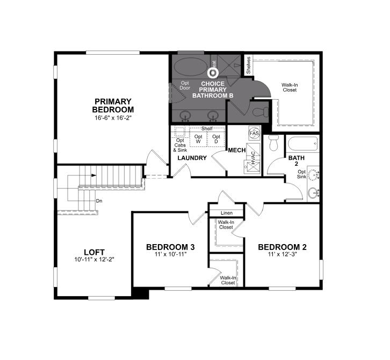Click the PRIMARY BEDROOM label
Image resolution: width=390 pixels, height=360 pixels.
[x=113, y=105]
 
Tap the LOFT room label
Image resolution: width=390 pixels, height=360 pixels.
[x=94, y=252]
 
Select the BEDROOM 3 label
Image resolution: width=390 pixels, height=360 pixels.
[x=170, y=247]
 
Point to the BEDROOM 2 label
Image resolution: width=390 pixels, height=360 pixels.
[x=282, y=247]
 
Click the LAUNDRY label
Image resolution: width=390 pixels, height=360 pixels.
[x=192, y=158]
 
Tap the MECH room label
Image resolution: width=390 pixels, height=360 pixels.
[x=236, y=151]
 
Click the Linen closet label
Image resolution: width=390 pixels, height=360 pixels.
[x=226, y=213]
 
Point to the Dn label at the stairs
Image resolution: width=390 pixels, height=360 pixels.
[x=99, y=201]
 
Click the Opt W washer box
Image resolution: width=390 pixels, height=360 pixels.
[x=198, y=139]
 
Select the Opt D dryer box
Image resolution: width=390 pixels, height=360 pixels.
[x=216, y=139]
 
